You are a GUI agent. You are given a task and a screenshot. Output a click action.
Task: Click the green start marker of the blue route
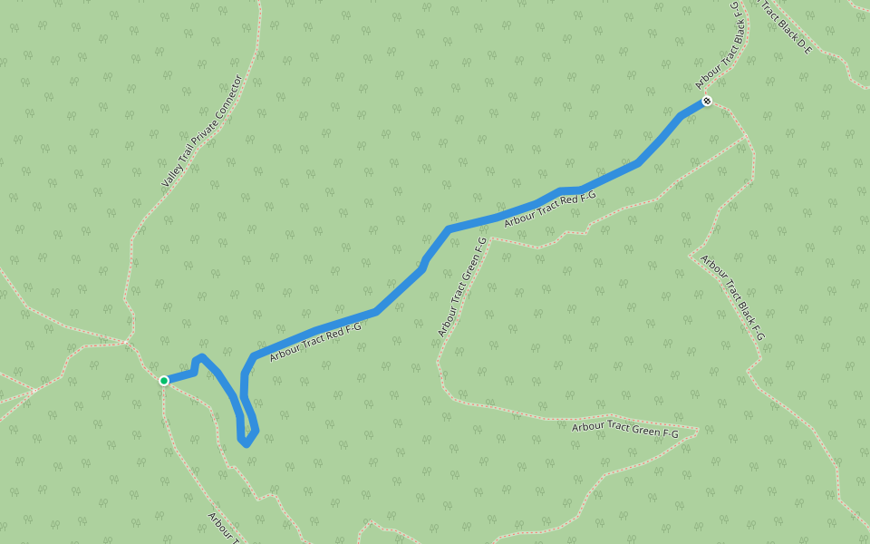point(164,381)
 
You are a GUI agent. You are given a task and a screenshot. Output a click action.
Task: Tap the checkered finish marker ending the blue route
point(706,101)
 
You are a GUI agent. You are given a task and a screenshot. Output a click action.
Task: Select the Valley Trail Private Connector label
point(203,131)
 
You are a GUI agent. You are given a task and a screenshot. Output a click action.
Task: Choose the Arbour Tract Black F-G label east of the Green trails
point(732,297)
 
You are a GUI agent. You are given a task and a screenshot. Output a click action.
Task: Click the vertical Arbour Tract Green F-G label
point(462,287)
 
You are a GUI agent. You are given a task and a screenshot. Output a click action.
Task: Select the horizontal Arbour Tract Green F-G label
point(625,430)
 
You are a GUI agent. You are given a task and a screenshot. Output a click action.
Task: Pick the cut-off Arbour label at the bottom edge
point(223,527)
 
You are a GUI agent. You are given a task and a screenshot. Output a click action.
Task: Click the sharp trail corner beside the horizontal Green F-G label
point(699,429)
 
